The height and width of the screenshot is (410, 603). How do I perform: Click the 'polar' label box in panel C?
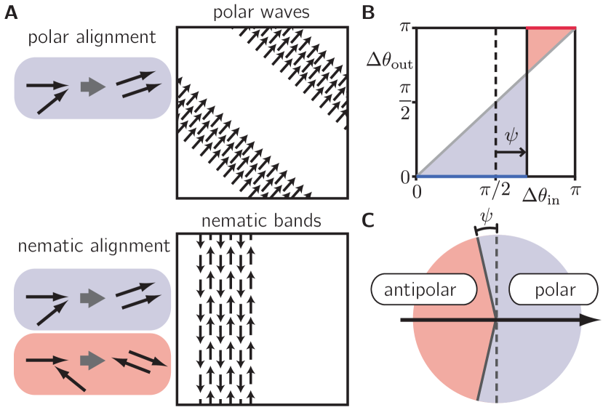(551, 290)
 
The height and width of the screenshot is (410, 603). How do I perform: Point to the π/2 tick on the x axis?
(495, 192)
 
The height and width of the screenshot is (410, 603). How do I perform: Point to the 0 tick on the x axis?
(418, 192)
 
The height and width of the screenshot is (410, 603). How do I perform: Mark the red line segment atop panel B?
(551, 28)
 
